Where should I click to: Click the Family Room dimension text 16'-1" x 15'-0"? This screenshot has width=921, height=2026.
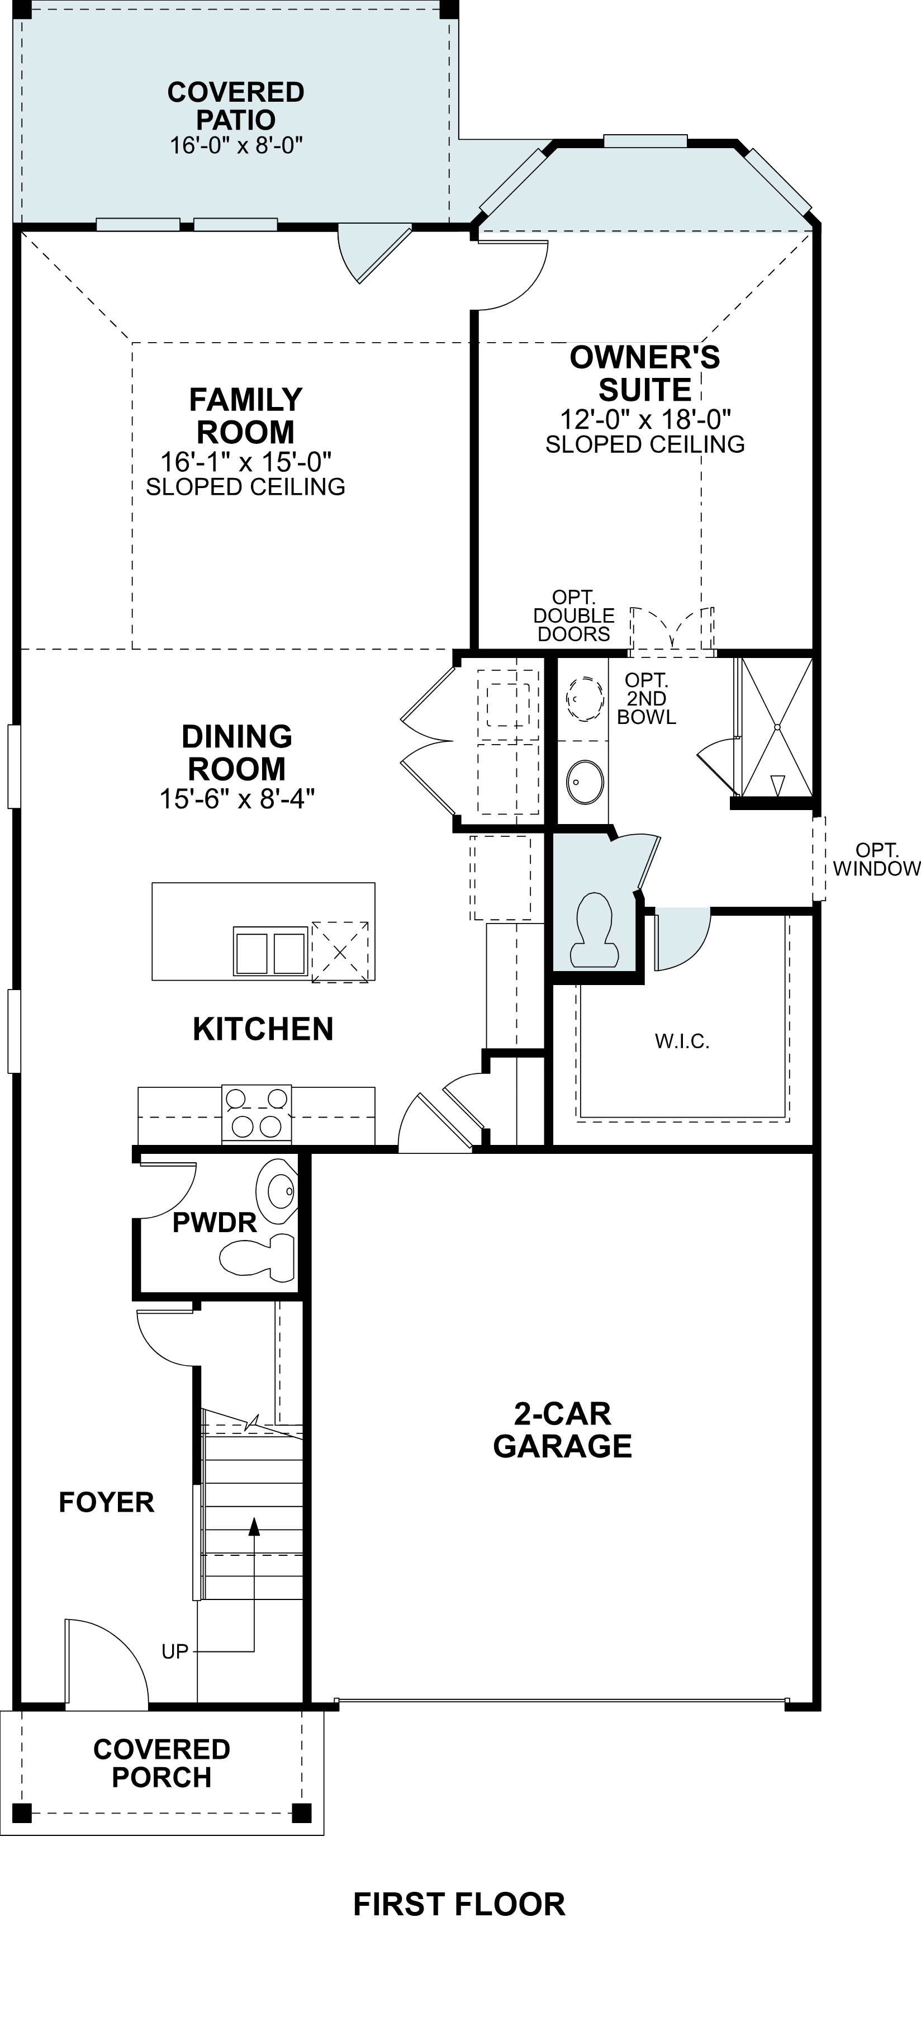point(245,460)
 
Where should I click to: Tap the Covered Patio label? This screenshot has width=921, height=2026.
point(236,106)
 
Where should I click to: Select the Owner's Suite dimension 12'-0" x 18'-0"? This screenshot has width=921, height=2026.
point(645,418)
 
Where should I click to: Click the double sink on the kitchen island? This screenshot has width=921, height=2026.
point(269,953)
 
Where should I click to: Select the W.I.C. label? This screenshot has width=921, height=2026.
point(682,1042)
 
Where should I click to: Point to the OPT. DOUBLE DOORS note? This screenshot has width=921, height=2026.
point(573,616)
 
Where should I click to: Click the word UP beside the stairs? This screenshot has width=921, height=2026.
point(174,1651)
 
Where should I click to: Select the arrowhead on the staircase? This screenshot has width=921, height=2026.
point(253,1527)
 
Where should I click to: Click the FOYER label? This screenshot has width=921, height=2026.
point(106,1502)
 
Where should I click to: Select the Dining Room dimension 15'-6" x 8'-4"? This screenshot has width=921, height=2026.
point(237,799)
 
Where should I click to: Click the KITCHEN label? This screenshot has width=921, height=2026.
point(263,1029)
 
